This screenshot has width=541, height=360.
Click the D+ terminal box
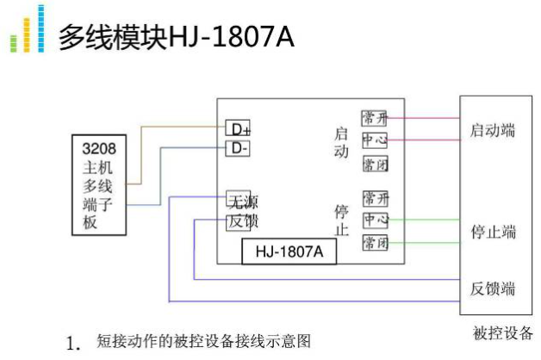[x=238, y=129]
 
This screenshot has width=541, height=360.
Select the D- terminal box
[x=237, y=147]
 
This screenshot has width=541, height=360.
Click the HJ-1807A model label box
[x=289, y=251]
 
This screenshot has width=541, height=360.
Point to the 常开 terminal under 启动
[x=375, y=118]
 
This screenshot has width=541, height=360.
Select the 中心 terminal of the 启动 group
[x=375, y=140]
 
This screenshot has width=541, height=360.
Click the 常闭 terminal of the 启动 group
[x=375, y=164]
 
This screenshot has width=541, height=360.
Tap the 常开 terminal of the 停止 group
[x=375, y=198]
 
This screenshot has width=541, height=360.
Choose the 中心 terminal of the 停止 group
[x=375, y=220]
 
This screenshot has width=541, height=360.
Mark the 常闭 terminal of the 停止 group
[x=375, y=243]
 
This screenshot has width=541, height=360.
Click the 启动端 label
[x=493, y=131]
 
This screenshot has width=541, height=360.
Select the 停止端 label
[x=493, y=232]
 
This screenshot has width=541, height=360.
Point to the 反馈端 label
[x=493, y=288]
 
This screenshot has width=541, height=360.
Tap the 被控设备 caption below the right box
[x=502, y=333]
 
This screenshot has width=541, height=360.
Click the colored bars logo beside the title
[x=27, y=31]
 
